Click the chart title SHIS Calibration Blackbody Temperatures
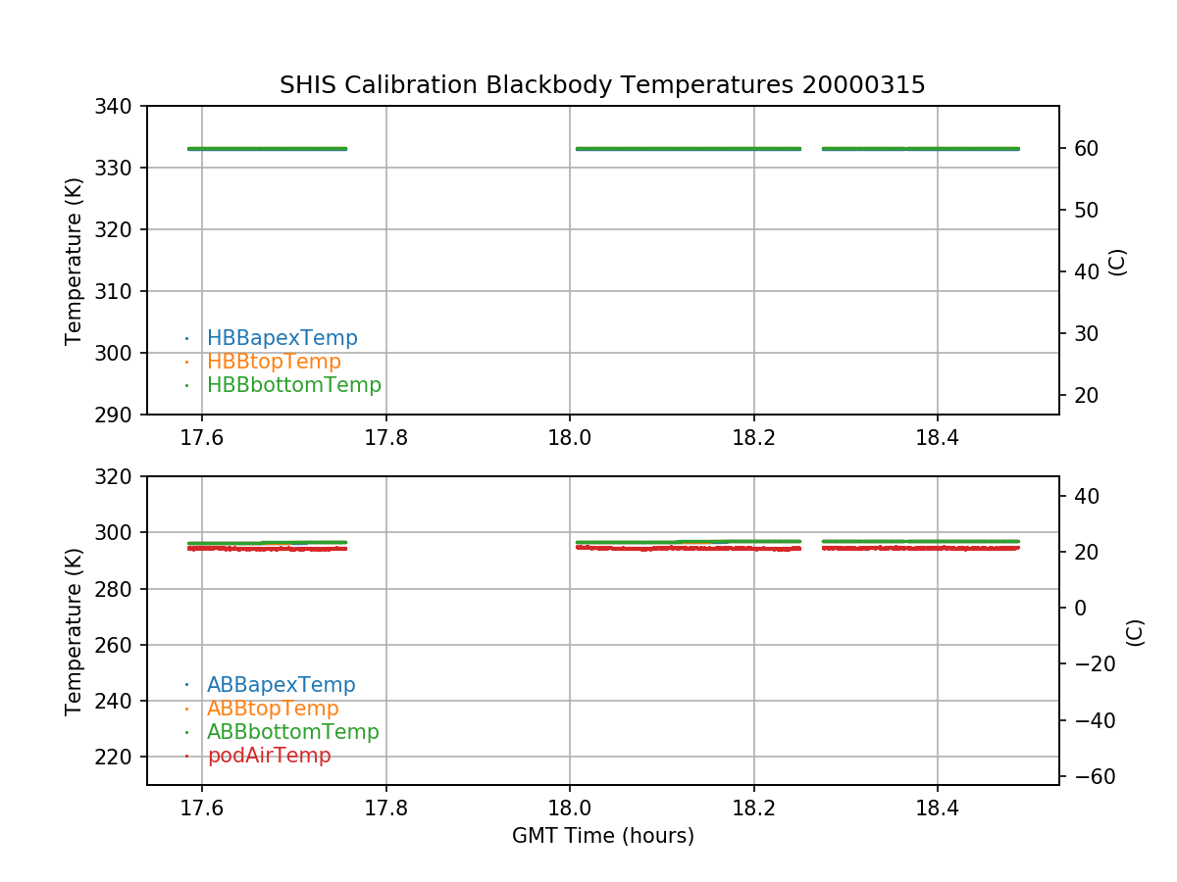coord(602,85)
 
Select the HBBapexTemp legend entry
coord(281,338)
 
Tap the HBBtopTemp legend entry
coord(274,362)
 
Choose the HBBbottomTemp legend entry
coord(293,385)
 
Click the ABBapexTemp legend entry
coord(281,685)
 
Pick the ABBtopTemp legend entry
coord(273,709)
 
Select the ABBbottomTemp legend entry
coord(292,732)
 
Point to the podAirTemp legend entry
coord(269,756)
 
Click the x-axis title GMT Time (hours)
coord(602,836)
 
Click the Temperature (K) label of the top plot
coord(75,260)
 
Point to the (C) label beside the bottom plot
coord(1135,632)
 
